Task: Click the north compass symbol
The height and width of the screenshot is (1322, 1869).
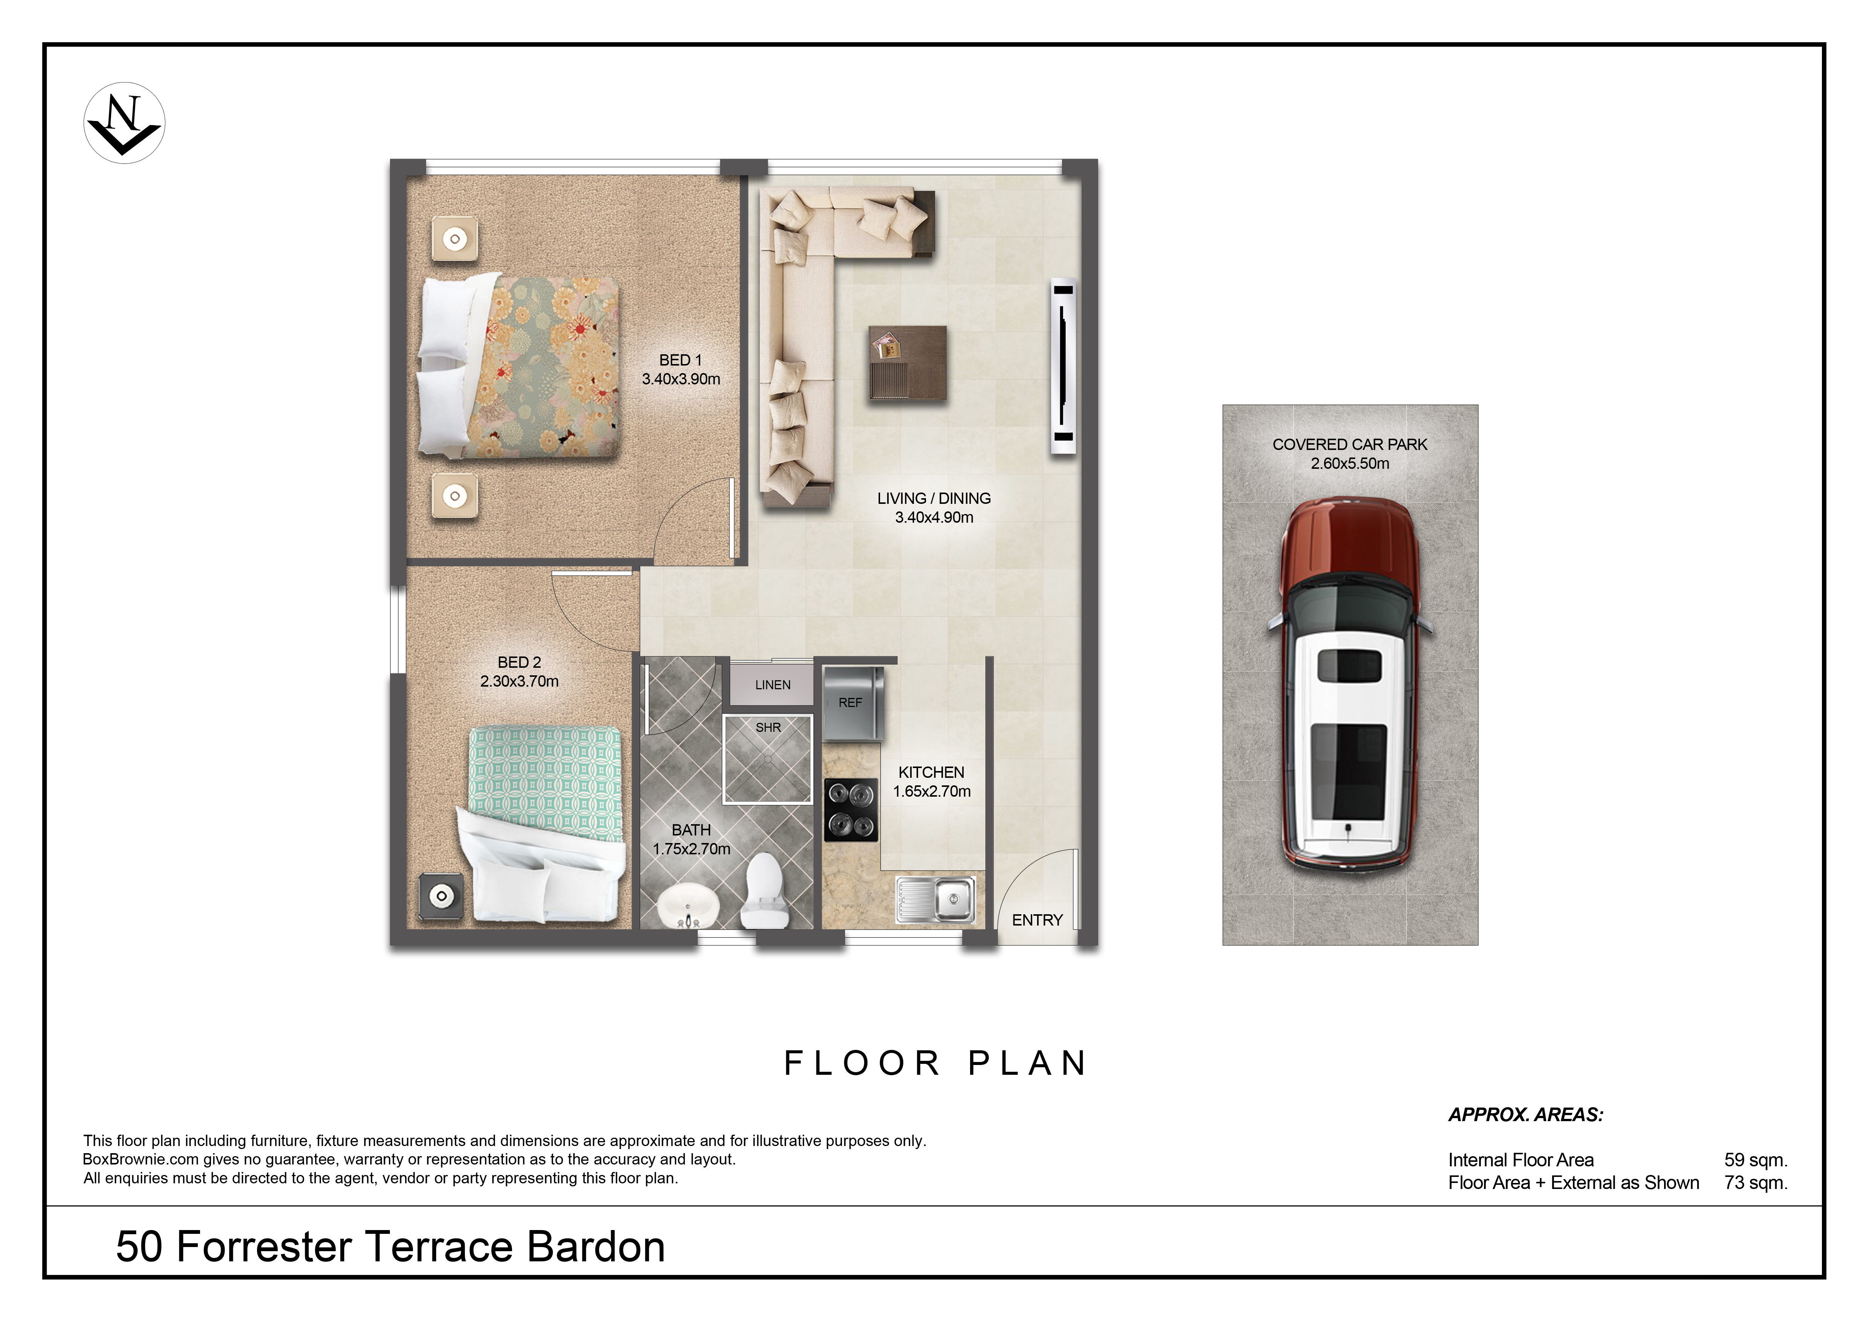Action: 125,123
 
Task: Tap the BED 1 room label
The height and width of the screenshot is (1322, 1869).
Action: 680,360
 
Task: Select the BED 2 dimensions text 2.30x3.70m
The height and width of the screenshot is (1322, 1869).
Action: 520,681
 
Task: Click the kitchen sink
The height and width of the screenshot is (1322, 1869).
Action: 935,899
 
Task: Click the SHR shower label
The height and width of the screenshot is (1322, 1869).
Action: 769,728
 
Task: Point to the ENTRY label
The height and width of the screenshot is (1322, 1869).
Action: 1037,920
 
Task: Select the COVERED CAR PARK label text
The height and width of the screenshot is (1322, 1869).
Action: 1349,444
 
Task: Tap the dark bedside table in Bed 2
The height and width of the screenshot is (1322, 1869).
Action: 441,896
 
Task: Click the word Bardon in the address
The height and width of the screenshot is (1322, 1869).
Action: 596,1247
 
